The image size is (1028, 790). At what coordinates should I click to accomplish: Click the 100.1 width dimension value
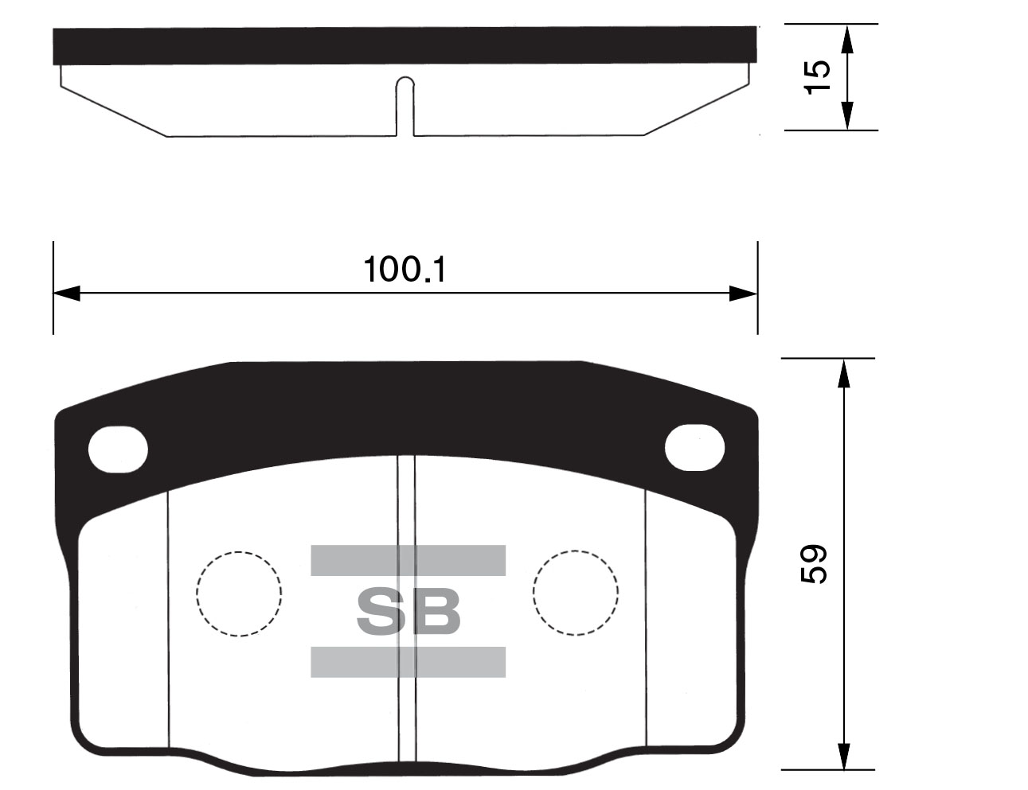point(405,270)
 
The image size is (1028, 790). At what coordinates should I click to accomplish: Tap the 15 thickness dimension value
point(817,77)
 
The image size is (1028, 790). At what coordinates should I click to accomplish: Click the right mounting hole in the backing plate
point(694,447)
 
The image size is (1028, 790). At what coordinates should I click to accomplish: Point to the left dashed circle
point(239,593)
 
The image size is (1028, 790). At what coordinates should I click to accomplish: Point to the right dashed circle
point(576,592)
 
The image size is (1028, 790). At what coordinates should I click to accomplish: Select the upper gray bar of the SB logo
point(408,560)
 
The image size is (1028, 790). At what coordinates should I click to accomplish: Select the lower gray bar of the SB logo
point(408,662)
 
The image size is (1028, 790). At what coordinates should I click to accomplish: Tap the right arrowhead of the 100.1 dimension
point(744,294)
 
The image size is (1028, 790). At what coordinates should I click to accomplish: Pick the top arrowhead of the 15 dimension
point(847,37)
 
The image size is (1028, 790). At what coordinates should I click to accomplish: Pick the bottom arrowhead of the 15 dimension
point(847,117)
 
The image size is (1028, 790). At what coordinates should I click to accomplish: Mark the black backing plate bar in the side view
point(405,45)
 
